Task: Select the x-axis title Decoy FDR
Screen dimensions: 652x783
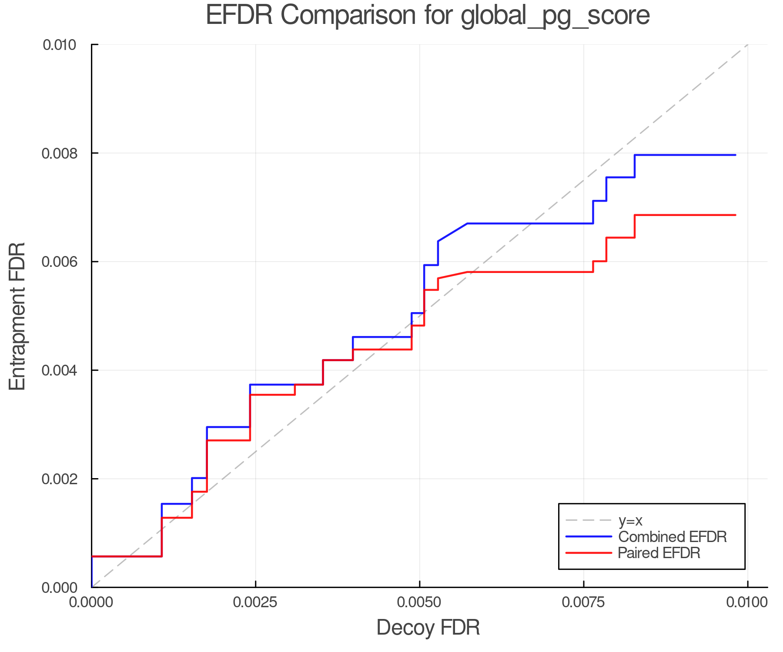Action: [428, 627]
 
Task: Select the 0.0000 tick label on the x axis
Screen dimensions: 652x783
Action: [91, 602]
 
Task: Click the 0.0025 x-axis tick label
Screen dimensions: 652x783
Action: [255, 602]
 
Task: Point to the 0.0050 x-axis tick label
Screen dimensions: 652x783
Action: [419, 602]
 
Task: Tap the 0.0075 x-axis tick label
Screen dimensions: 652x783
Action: [583, 602]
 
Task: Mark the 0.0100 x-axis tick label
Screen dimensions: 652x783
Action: [747, 602]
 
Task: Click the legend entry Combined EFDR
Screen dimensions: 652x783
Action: [672, 537]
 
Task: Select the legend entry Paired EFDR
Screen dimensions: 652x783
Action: [659, 553]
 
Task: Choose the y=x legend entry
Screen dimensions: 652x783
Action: [630, 520]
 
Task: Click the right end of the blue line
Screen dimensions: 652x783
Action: [735, 155]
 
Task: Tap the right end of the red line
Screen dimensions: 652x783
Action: [735, 215]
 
